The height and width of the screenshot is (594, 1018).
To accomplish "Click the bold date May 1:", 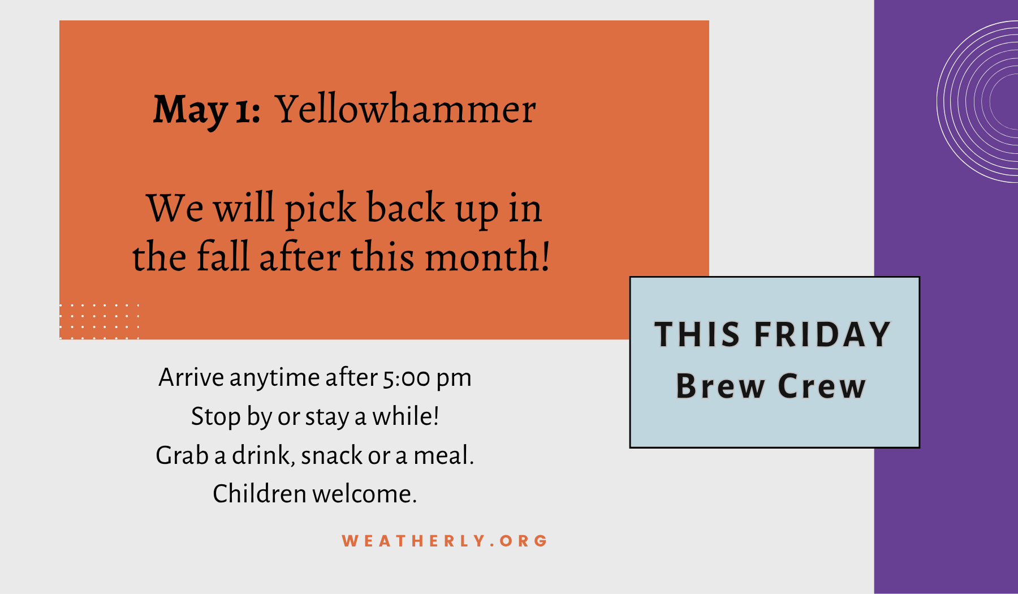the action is click(207, 110).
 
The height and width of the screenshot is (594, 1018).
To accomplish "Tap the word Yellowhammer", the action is click(406, 108).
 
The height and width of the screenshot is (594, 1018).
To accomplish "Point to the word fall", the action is click(223, 256).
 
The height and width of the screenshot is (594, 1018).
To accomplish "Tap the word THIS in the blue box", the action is click(697, 334).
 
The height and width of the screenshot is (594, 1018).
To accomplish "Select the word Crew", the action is click(822, 386).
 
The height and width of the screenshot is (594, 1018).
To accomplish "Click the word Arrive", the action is click(191, 377).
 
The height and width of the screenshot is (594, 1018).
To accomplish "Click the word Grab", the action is click(182, 455).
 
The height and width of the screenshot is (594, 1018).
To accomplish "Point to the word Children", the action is click(260, 494).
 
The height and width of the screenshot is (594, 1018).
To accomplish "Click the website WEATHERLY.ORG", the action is click(445, 541).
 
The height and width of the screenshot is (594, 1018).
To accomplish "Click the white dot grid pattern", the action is click(99, 321).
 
